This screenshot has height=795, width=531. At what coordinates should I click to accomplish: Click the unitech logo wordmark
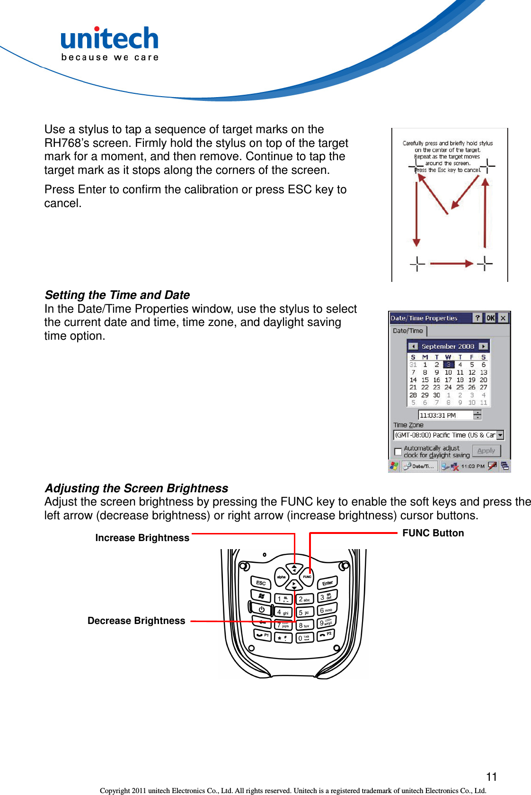pos(109,39)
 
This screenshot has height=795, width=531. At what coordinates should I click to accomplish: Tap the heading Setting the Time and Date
pos(117,295)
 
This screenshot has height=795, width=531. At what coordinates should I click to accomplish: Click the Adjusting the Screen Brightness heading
pos(136,488)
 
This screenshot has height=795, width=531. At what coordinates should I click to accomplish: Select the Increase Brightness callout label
pos(142,538)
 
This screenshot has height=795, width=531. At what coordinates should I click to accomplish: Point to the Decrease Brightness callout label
pos(136,621)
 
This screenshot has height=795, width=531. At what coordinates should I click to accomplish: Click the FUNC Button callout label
pos(433,533)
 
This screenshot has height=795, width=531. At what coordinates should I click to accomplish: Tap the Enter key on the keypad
pos(327,583)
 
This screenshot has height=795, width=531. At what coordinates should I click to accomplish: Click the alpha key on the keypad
pos(281,577)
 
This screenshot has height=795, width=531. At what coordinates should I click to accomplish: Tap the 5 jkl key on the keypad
pos(304,612)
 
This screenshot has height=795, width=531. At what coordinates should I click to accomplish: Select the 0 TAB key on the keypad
pos(304,638)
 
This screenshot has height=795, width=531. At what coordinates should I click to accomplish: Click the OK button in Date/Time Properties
pos(490,318)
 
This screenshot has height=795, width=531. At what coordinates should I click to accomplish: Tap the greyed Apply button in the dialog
pos(486,451)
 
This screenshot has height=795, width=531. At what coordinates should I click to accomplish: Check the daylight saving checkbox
pos(398,452)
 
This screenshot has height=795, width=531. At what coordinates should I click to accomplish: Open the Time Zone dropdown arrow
pos(500,435)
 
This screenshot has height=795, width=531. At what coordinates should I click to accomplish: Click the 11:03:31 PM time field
pos(445,416)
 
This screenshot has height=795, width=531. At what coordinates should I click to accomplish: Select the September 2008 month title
pos(448,346)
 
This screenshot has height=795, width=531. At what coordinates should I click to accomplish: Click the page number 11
pos(491,777)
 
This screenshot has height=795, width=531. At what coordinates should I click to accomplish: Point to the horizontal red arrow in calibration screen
pos(451,263)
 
